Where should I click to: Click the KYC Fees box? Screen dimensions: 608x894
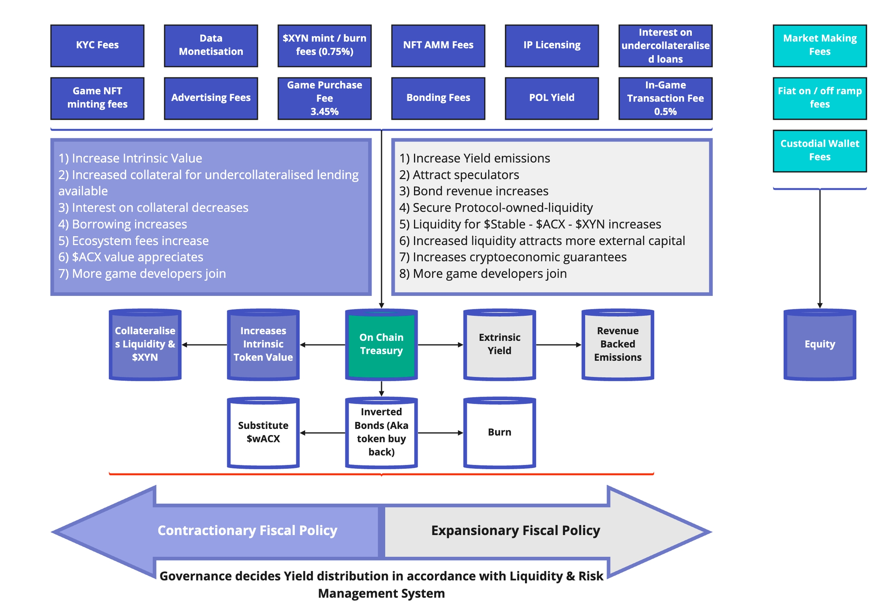pyautogui.click(x=97, y=45)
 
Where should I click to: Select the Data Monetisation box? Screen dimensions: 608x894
pyautogui.click(x=211, y=45)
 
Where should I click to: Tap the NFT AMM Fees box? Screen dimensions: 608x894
pyautogui.click(x=438, y=45)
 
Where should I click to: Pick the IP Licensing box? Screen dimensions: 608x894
pyautogui.click(x=551, y=45)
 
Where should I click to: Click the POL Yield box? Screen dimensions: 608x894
pyautogui.click(x=551, y=98)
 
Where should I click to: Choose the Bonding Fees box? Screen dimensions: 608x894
pyautogui.click(x=438, y=98)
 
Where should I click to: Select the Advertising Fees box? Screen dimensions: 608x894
pyautogui.click(x=211, y=98)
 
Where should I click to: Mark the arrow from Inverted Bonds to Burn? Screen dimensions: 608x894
pyautogui.click(x=440, y=432)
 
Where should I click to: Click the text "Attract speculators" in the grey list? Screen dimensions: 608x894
pyautogui.click(x=465, y=175)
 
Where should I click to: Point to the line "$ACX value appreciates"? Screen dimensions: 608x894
pyautogui.click(x=137, y=257)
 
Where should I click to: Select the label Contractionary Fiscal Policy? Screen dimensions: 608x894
pyautogui.click(x=247, y=530)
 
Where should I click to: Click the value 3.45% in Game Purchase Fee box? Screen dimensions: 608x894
pyautogui.click(x=324, y=112)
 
